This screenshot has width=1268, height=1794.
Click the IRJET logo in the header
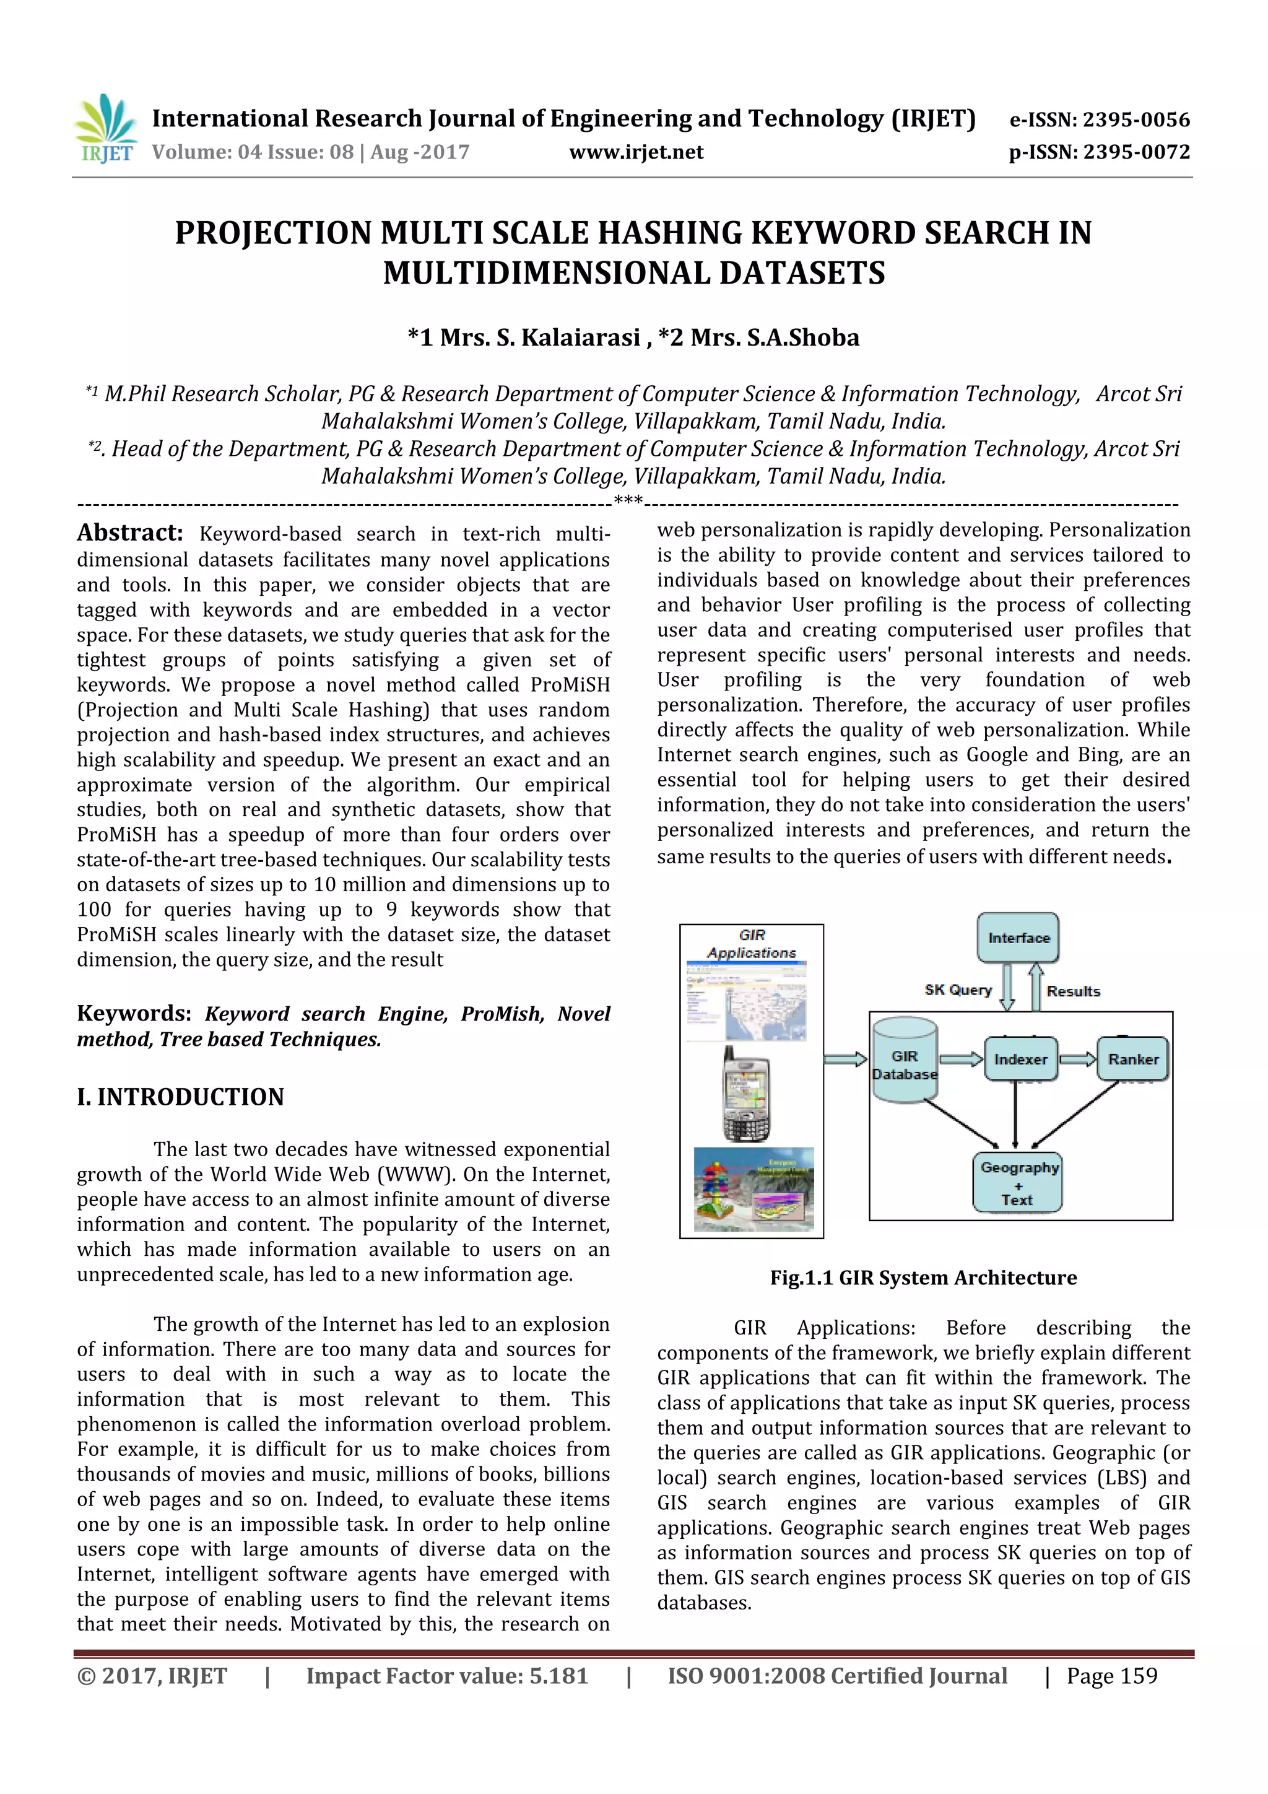[x=105, y=129]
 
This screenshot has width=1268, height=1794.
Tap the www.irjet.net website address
[x=636, y=152]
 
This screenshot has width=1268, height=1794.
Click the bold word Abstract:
[x=129, y=533]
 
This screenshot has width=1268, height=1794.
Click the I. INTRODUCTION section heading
[x=180, y=1097]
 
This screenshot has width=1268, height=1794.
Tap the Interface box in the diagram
[x=1018, y=938]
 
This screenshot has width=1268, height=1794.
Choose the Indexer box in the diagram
[x=1020, y=1060]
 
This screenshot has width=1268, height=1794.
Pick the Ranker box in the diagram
[x=1133, y=1060]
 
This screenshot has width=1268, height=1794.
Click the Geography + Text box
[x=1018, y=1183]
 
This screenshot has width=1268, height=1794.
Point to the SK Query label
[x=958, y=990]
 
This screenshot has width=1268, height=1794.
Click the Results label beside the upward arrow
[x=1073, y=991]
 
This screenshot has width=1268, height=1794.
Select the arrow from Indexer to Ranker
[x=1078, y=1060]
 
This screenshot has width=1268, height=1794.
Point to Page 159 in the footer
[x=1112, y=1676]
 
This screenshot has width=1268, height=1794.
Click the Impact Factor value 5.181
[x=558, y=1676]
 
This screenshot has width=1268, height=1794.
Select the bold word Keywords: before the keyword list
[x=134, y=1014]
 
